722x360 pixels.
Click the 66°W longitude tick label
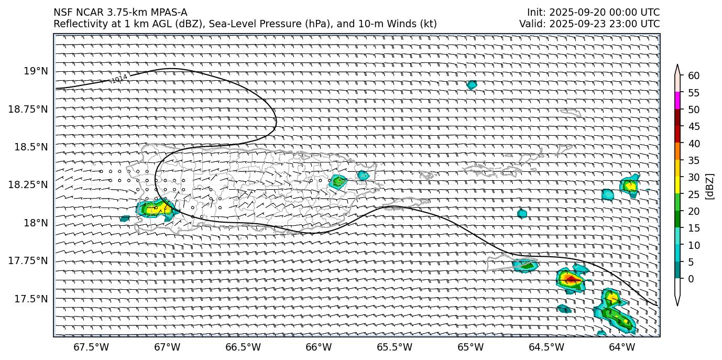[x=319, y=347]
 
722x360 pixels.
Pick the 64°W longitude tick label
[x=622, y=347]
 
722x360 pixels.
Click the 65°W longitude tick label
[x=471, y=347]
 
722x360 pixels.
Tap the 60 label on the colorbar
[x=693, y=76]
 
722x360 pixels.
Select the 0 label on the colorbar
[x=691, y=279]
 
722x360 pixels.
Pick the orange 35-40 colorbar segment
[x=677, y=151]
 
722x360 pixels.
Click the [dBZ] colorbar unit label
[x=710, y=186]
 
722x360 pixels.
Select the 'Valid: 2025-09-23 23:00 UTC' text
[x=589, y=24]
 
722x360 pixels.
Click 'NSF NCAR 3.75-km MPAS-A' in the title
[x=120, y=13]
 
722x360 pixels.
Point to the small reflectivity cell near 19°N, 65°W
[x=472, y=85]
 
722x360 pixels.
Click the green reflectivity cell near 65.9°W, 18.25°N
[x=338, y=182]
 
